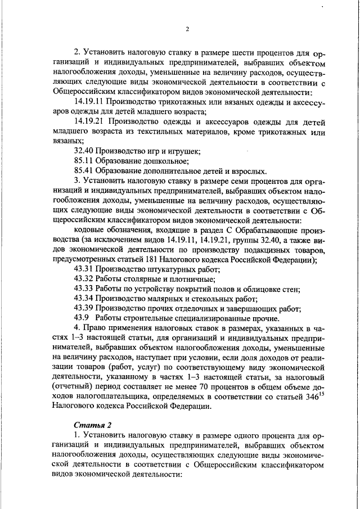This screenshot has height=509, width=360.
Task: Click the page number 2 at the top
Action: click(x=187, y=29)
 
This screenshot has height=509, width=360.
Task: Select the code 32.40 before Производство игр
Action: click(x=83, y=151)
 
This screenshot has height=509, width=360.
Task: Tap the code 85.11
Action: click(x=83, y=161)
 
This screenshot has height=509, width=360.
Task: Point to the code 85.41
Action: click(x=83, y=171)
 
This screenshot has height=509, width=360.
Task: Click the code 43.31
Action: click(x=83, y=269)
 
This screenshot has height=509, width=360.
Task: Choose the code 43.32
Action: click(x=83, y=280)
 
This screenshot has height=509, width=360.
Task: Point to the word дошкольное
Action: click(x=154, y=161)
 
